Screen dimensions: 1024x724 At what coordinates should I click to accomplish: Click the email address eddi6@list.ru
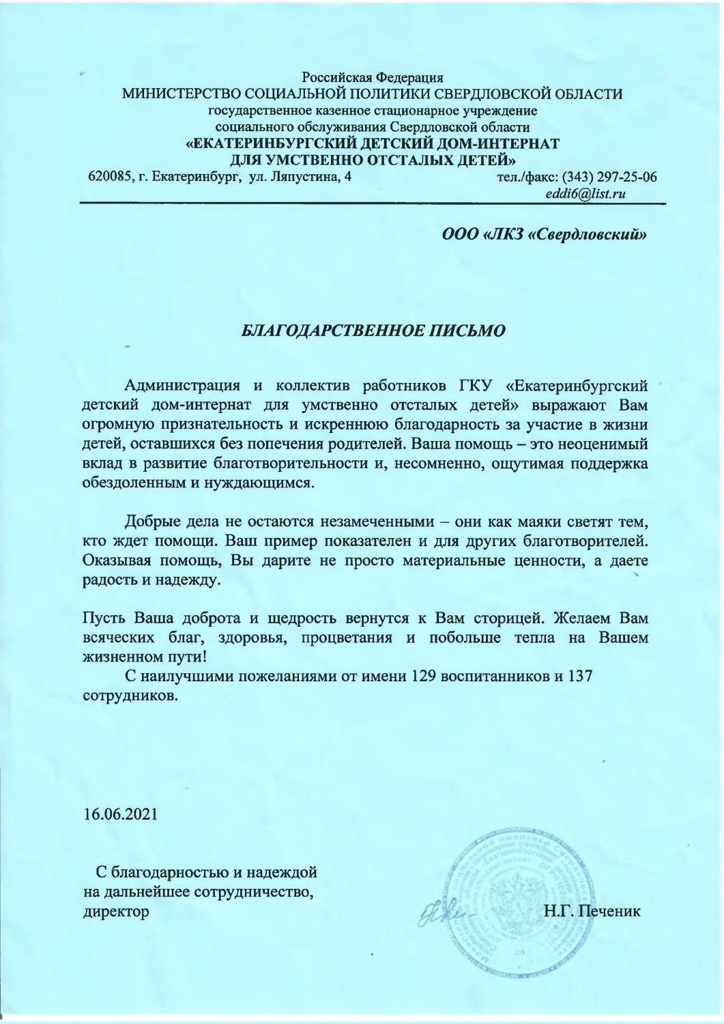[x=585, y=195]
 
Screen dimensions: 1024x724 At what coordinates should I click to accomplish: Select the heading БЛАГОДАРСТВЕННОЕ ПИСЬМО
[x=375, y=331]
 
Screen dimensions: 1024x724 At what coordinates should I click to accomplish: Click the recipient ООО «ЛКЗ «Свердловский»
[x=544, y=235]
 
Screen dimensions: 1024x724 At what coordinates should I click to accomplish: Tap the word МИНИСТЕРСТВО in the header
[x=182, y=94]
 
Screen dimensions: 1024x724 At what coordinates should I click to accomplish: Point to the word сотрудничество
[x=255, y=892]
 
